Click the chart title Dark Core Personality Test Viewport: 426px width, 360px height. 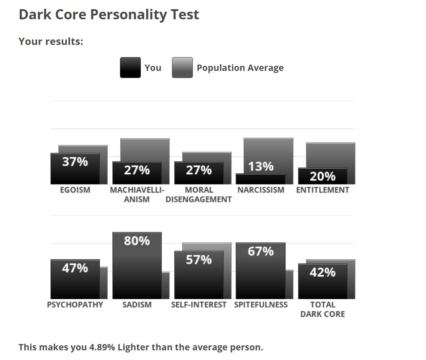(109, 15)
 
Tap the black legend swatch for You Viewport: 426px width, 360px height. (130, 68)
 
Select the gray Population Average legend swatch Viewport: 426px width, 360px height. (182, 68)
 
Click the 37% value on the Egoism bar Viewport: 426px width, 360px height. (75, 162)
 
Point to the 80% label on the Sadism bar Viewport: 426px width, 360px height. (137, 241)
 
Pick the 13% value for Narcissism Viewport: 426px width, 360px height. (261, 167)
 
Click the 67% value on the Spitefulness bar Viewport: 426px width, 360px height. (261, 251)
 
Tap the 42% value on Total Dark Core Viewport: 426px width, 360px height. (322, 273)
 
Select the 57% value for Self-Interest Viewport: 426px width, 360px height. (199, 260)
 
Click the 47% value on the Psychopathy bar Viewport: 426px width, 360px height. (75, 268)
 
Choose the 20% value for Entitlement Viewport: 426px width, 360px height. (322, 176)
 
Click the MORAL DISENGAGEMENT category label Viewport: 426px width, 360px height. (199, 195)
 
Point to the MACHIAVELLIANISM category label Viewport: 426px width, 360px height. (137, 195)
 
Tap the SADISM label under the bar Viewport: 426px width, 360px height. (137, 305)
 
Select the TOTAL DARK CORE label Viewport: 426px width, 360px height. (322, 309)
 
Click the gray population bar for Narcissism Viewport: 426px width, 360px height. (268, 151)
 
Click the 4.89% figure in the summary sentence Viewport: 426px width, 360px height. (102, 347)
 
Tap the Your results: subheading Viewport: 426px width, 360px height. (51, 42)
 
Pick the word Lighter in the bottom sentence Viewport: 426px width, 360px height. (133, 347)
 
